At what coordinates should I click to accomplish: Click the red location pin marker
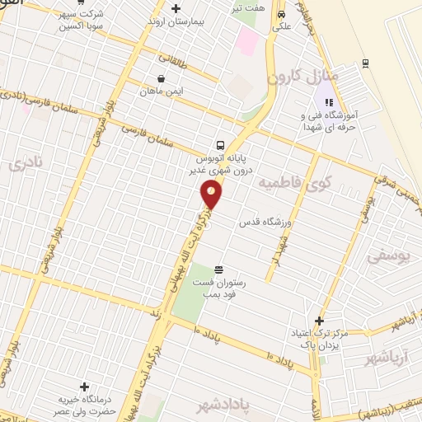pyautogui.click(x=212, y=195)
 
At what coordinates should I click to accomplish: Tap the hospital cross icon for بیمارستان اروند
pyautogui.click(x=176, y=9)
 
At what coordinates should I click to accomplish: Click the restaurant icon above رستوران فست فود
pyautogui.click(x=218, y=270)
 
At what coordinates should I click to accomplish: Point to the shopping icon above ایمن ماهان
pyautogui.click(x=160, y=79)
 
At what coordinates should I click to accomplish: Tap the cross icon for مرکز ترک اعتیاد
pyautogui.click(x=320, y=321)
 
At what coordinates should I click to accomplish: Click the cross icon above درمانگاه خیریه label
pyautogui.click(x=84, y=386)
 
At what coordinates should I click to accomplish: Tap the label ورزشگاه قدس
pyautogui.click(x=267, y=222)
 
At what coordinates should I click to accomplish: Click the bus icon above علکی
pyautogui.click(x=282, y=14)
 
